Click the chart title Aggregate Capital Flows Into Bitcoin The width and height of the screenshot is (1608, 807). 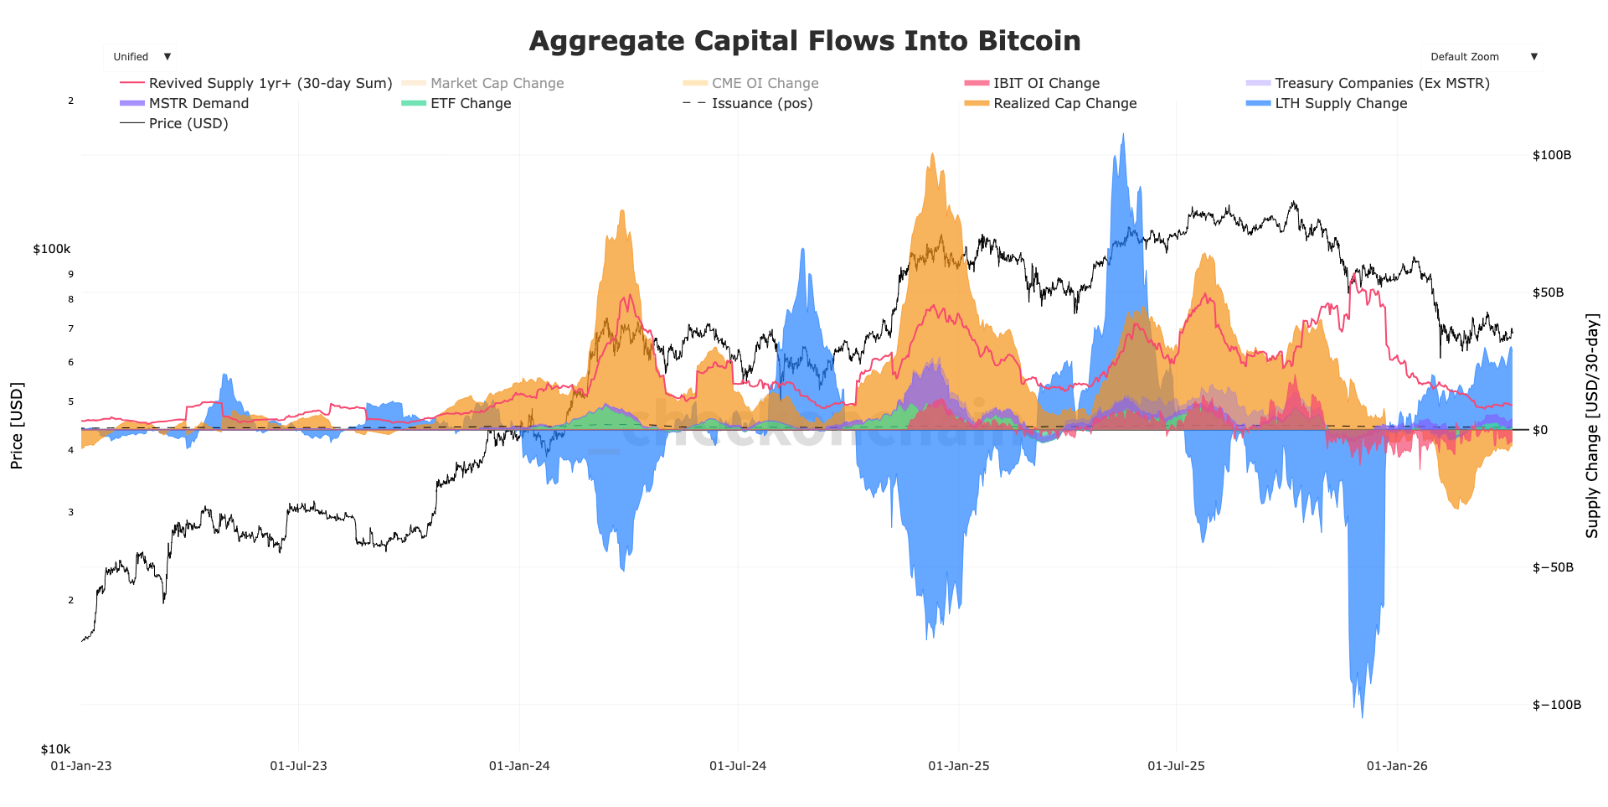(x=804, y=40)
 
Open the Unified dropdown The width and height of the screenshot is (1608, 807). (x=140, y=57)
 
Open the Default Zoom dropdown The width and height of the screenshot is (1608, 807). (x=1481, y=57)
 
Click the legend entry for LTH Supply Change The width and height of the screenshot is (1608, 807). (x=1340, y=103)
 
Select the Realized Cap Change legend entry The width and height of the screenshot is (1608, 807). (x=1064, y=103)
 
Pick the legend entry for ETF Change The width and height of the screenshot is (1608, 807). (x=470, y=103)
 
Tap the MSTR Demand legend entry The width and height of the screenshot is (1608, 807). (x=198, y=103)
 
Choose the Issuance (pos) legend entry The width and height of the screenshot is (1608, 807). (x=761, y=103)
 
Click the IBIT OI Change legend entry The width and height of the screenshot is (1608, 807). (x=1046, y=83)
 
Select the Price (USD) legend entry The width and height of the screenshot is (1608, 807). (x=188, y=123)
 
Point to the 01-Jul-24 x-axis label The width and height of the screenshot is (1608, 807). (x=738, y=765)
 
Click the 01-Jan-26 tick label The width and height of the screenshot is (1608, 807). (x=1396, y=765)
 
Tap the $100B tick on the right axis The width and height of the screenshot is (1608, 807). (x=1551, y=155)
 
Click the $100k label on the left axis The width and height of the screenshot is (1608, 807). (x=52, y=249)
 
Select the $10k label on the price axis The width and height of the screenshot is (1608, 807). (x=56, y=748)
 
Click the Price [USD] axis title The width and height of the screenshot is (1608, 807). (x=17, y=426)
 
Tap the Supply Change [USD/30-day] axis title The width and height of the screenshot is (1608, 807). (x=1591, y=426)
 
